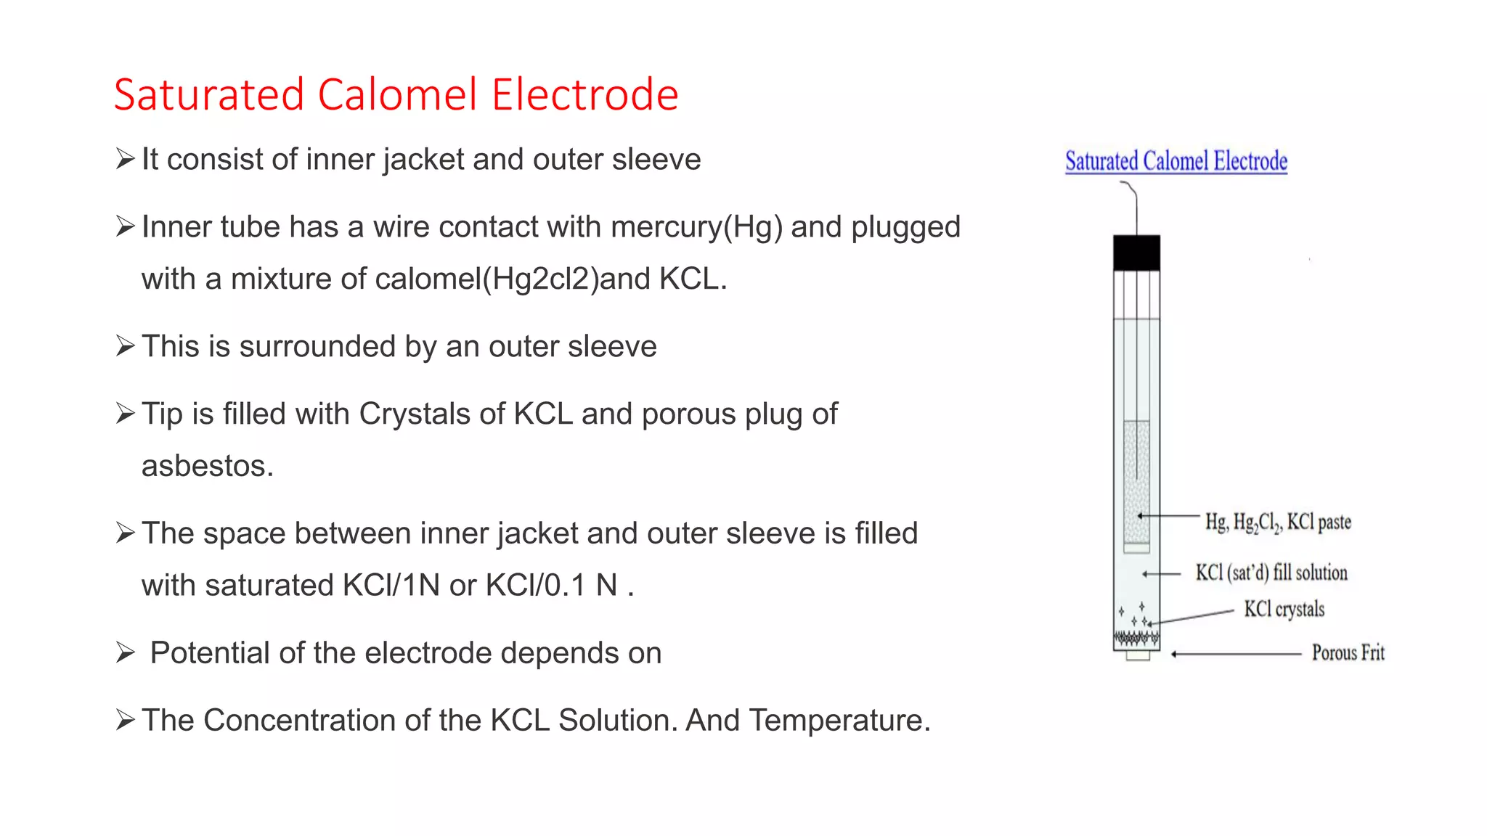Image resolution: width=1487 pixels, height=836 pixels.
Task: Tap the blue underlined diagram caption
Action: click(x=1176, y=161)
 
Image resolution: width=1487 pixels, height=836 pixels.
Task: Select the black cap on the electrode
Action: click(x=1136, y=253)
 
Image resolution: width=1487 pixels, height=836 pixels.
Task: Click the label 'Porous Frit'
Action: click(x=1348, y=653)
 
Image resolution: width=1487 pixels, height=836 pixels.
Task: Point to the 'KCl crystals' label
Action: click(x=1284, y=609)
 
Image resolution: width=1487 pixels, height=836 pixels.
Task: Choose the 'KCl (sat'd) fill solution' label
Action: click(x=1271, y=573)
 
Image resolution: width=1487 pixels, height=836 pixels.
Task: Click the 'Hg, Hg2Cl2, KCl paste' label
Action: click(x=1278, y=522)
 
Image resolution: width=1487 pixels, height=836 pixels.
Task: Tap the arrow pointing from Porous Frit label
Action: click(x=1234, y=654)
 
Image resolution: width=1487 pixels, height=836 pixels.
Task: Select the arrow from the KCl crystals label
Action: click(x=1191, y=618)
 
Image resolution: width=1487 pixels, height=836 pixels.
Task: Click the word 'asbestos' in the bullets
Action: click(x=206, y=466)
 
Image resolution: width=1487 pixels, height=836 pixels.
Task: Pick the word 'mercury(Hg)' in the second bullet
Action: click(x=696, y=227)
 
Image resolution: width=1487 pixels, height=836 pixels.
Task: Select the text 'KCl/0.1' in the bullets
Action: click(x=536, y=586)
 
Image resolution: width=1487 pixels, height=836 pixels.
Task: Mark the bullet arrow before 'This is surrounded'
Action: click(x=126, y=347)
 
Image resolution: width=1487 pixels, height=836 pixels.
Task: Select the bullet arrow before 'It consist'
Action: click(x=126, y=159)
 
